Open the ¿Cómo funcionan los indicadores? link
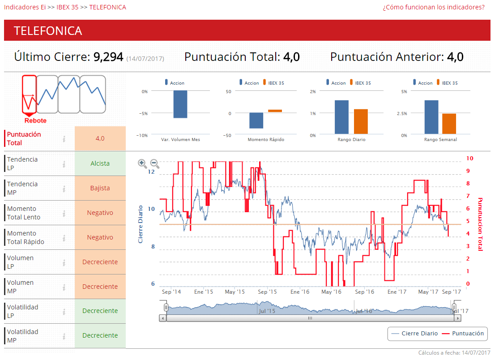click(x=434, y=7)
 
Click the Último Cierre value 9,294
click(x=108, y=57)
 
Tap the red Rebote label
click(x=35, y=120)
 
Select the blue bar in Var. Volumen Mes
click(x=180, y=104)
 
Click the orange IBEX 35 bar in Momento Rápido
click(x=275, y=111)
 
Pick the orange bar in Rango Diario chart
click(x=361, y=121)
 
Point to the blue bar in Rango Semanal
click(x=431, y=117)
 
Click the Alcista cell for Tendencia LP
click(x=100, y=163)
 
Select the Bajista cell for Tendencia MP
click(x=100, y=188)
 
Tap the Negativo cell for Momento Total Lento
click(x=100, y=213)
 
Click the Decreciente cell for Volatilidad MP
click(x=100, y=335)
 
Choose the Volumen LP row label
click(x=21, y=262)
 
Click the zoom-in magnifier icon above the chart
click(x=142, y=163)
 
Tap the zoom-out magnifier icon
click(x=154, y=163)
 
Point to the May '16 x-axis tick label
click(x=331, y=292)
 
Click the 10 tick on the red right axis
click(x=469, y=158)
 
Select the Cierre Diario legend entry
click(x=415, y=334)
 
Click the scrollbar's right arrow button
click(x=457, y=318)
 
